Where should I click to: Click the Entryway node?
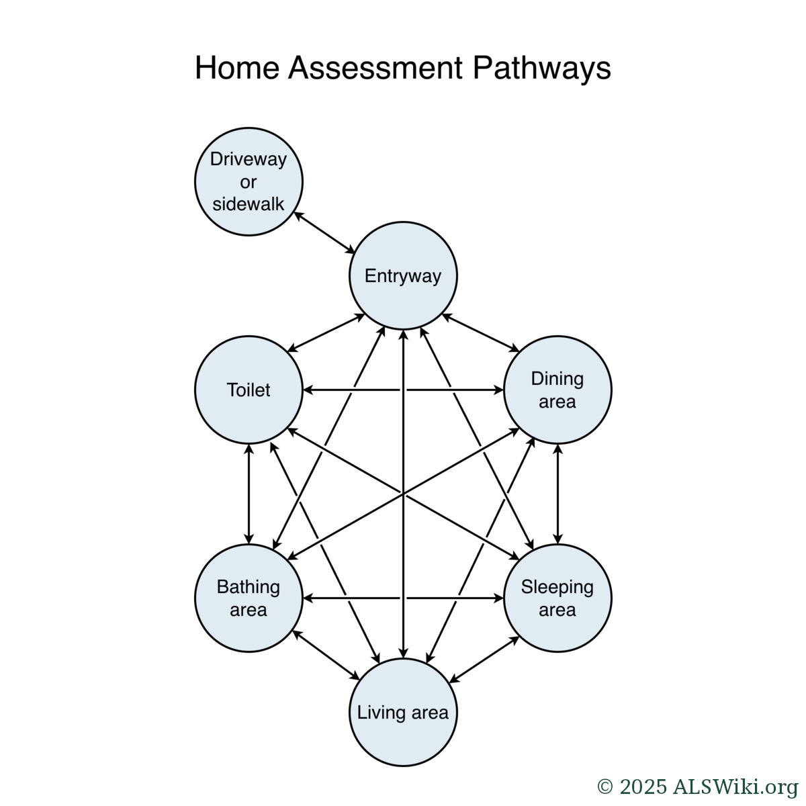(403, 275)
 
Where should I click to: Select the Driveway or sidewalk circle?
(249, 181)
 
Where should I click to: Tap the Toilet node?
(249, 390)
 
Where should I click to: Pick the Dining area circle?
(557, 390)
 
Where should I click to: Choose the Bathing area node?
(249, 598)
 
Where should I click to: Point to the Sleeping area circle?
(557, 598)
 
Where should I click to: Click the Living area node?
(403, 712)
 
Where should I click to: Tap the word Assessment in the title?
(375, 69)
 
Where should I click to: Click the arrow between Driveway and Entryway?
(325, 232)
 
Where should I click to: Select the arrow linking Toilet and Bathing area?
(249, 494)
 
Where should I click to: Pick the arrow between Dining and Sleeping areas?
(557, 494)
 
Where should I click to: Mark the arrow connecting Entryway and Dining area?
(481, 333)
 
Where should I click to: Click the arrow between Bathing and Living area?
(326, 655)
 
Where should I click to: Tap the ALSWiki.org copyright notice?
(697, 787)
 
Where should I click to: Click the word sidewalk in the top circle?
(249, 204)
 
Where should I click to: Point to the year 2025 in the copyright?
(643, 787)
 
